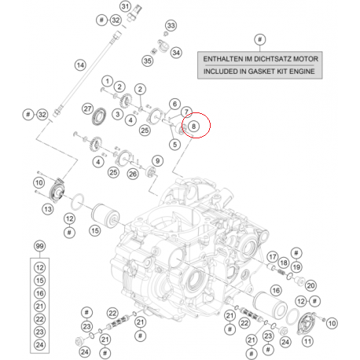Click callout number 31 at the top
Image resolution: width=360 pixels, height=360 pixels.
(x=125, y=6)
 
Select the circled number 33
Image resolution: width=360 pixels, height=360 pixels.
(x=171, y=25)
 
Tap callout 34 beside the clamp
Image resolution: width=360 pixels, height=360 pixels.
(x=176, y=53)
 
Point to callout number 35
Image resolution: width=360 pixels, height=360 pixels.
(x=148, y=61)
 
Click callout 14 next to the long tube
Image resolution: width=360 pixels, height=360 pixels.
(x=80, y=65)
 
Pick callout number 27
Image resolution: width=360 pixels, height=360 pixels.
(x=87, y=108)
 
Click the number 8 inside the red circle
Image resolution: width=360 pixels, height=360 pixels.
(x=193, y=127)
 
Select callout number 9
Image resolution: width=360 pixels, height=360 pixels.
(x=157, y=161)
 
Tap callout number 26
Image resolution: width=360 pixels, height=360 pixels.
(x=133, y=174)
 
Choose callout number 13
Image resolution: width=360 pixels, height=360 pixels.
(x=48, y=209)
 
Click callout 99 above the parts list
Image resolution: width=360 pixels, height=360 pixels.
(x=39, y=246)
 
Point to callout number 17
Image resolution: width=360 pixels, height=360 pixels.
(x=273, y=257)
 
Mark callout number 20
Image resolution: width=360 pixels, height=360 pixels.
(x=310, y=285)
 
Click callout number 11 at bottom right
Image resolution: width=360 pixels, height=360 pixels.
(x=307, y=341)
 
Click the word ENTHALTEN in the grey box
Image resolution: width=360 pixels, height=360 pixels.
(x=223, y=59)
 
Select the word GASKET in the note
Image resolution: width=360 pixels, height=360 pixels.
(x=262, y=72)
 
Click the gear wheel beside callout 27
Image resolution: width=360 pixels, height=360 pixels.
(x=99, y=116)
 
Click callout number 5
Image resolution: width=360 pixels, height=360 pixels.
(x=174, y=145)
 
